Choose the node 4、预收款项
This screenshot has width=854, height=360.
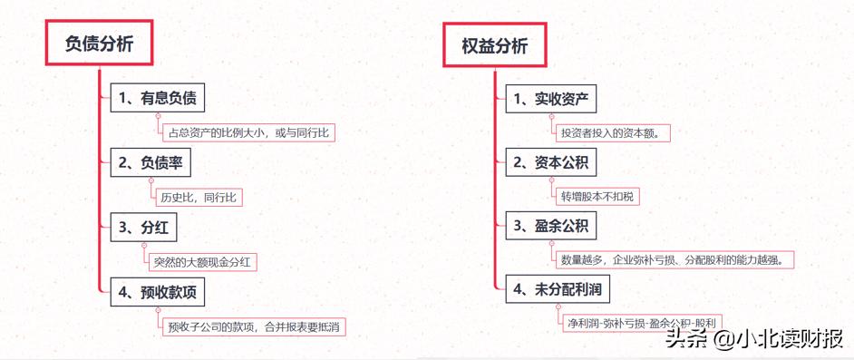coord(158,293)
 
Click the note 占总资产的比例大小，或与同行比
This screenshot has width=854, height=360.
coord(251,132)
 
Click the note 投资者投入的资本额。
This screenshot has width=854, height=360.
coord(615,132)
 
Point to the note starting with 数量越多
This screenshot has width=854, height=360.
coord(675,259)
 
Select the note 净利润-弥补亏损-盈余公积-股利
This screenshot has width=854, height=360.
coord(640,321)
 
